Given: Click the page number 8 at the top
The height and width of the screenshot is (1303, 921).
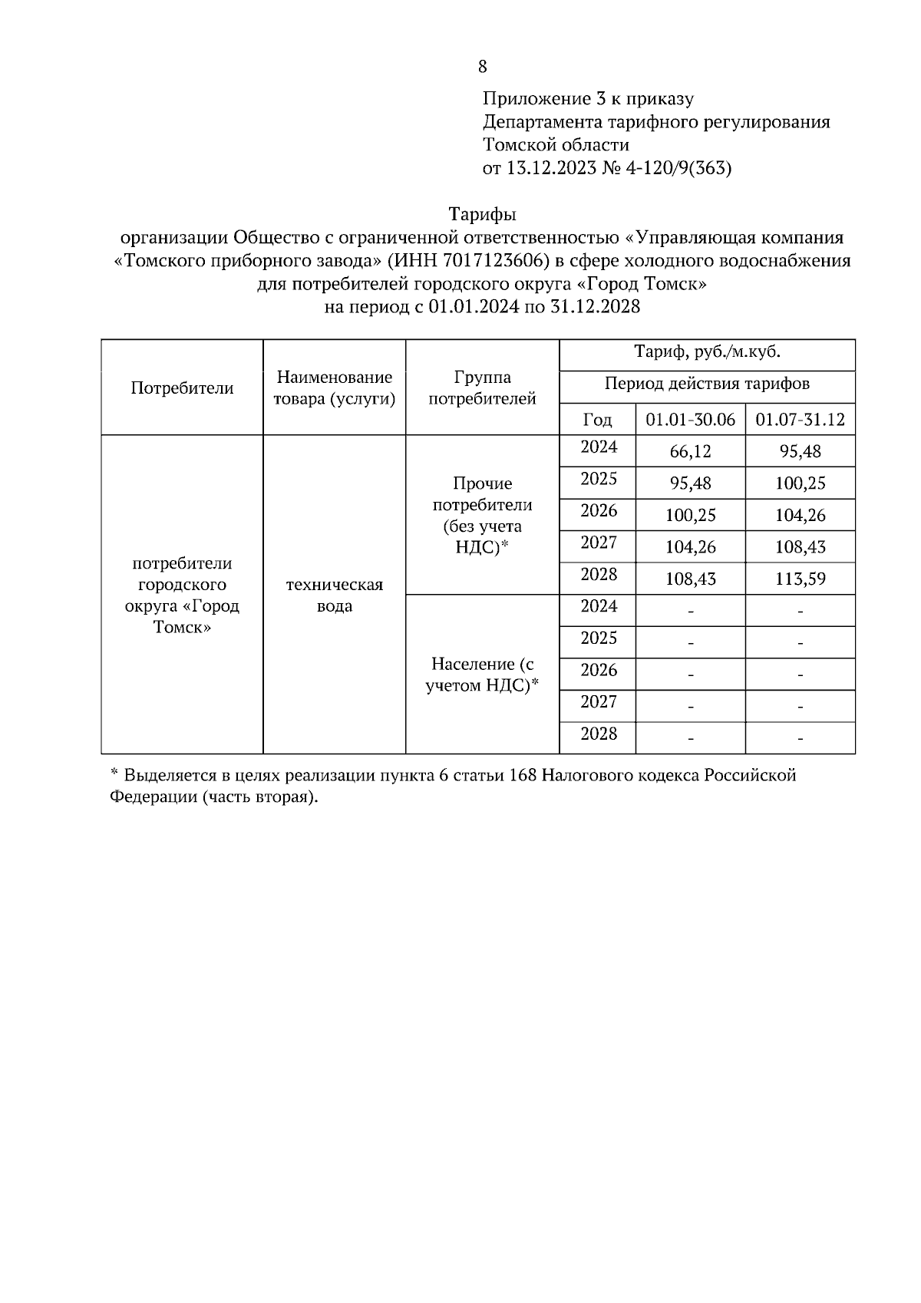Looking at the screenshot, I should point(482,67).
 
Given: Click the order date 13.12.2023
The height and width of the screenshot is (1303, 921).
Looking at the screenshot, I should point(550,168).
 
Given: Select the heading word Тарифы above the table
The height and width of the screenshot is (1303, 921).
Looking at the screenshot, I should point(482,213).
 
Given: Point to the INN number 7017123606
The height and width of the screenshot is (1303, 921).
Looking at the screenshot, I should point(496,260).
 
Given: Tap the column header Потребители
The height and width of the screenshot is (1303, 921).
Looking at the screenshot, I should point(182,388).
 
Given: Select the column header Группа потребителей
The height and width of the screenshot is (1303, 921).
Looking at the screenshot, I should point(482,388).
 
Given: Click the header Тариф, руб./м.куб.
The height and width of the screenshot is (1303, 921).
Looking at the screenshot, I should point(707,353).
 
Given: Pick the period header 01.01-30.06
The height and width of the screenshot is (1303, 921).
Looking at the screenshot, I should point(690,420).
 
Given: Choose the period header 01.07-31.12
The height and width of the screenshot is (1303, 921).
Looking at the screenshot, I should point(800,420).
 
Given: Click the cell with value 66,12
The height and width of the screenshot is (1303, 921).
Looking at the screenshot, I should point(690,451).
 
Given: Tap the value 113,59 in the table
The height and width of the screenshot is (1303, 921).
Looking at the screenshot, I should point(800,579).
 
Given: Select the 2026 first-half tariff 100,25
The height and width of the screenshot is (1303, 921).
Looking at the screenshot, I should point(690,515).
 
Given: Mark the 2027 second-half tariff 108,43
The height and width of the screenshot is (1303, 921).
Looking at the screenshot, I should point(800,547).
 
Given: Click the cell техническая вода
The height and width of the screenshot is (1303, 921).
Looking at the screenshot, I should point(334,595).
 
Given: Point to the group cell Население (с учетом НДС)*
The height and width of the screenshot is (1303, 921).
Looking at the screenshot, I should point(482,675).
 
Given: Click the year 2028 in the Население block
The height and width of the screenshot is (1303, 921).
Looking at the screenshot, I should point(599,734).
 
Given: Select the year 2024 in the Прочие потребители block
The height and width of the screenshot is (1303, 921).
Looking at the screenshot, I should point(599,447).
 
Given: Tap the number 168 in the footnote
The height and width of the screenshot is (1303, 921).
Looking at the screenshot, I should point(523,775).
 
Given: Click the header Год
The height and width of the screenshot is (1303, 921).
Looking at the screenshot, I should point(597,420).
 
